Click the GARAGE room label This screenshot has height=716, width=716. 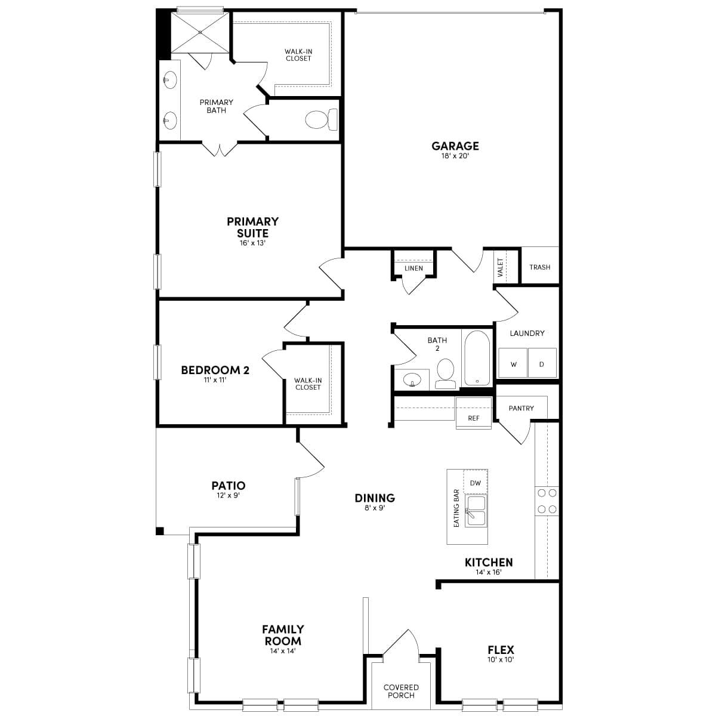pyautogui.click(x=455, y=146)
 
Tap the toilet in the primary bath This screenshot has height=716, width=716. pyautogui.click(x=320, y=120)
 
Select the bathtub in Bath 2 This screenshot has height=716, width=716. pyautogui.click(x=477, y=358)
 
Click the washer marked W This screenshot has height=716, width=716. pyautogui.click(x=513, y=363)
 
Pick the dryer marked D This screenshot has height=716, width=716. pyautogui.click(x=542, y=363)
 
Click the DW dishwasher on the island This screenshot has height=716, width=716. pyautogui.click(x=476, y=483)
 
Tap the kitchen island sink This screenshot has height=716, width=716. pyautogui.click(x=476, y=511)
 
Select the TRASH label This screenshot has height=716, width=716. pyautogui.click(x=539, y=267)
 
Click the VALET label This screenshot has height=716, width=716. pyautogui.click(x=500, y=266)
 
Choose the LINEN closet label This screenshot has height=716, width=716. pyautogui.click(x=413, y=268)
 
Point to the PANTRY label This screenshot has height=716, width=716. pyautogui.click(x=521, y=408)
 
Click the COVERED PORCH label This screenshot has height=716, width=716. pyautogui.click(x=401, y=691)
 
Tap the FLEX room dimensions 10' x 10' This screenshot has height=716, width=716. pyautogui.click(x=500, y=660)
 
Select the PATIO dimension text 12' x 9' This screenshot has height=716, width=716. pyautogui.click(x=228, y=495)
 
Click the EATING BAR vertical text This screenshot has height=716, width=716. pyautogui.click(x=456, y=507)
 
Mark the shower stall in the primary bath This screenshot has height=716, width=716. pyautogui.click(x=199, y=33)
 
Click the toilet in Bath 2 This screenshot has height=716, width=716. pyautogui.click(x=445, y=373)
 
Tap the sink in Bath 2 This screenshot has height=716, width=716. pyautogui.click(x=411, y=378)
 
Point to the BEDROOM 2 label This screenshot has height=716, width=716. pyautogui.click(x=215, y=370)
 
